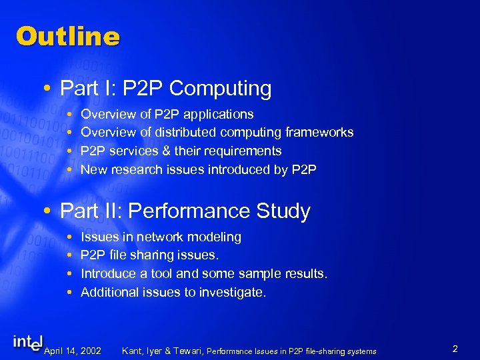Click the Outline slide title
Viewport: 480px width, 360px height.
coord(67,36)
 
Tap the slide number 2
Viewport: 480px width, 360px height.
coord(454,349)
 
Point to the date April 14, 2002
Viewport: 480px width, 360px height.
coord(72,351)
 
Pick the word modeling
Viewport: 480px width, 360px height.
coord(215,237)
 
